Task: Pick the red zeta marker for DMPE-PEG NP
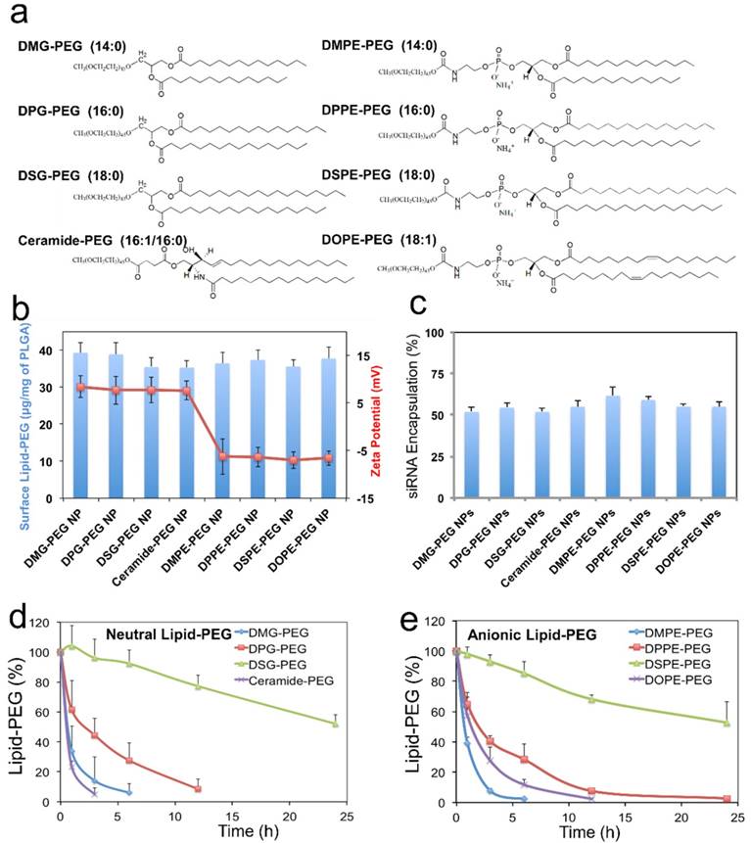(223, 456)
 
